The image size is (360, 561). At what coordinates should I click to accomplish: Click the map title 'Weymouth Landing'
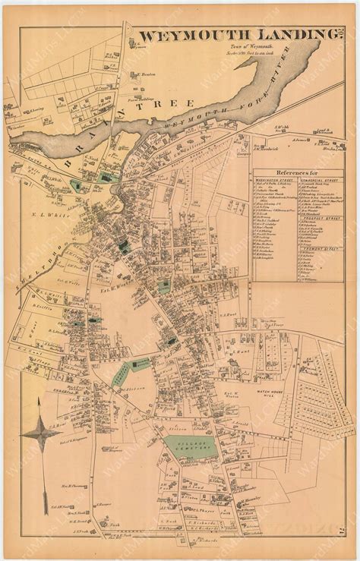[238, 36]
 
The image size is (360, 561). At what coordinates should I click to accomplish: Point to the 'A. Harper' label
[105, 504]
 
